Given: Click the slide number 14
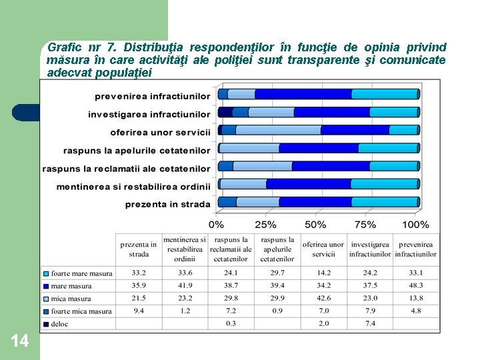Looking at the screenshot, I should [x=19, y=341].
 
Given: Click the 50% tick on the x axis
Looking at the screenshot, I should [x=315, y=224].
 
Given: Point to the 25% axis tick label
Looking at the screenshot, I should [x=266, y=224].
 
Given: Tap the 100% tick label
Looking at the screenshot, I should [x=416, y=224].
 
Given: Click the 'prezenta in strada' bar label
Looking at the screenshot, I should [x=167, y=203].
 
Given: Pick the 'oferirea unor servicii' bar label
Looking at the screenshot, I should [x=160, y=132].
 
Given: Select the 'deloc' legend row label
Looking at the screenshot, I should [x=60, y=324].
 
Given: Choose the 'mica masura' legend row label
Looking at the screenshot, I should [x=70, y=299].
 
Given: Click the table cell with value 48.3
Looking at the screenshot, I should [x=415, y=285].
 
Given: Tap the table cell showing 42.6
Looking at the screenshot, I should [x=323, y=298].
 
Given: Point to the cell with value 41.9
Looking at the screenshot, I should [x=185, y=285].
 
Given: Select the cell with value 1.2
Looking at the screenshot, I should [x=185, y=311].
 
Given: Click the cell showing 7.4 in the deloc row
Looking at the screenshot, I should [x=369, y=323].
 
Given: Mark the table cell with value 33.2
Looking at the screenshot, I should [x=139, y=273].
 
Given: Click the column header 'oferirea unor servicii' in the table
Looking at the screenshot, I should [x=323, y=249].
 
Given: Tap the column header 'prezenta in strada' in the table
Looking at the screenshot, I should [x=139, y=249].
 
